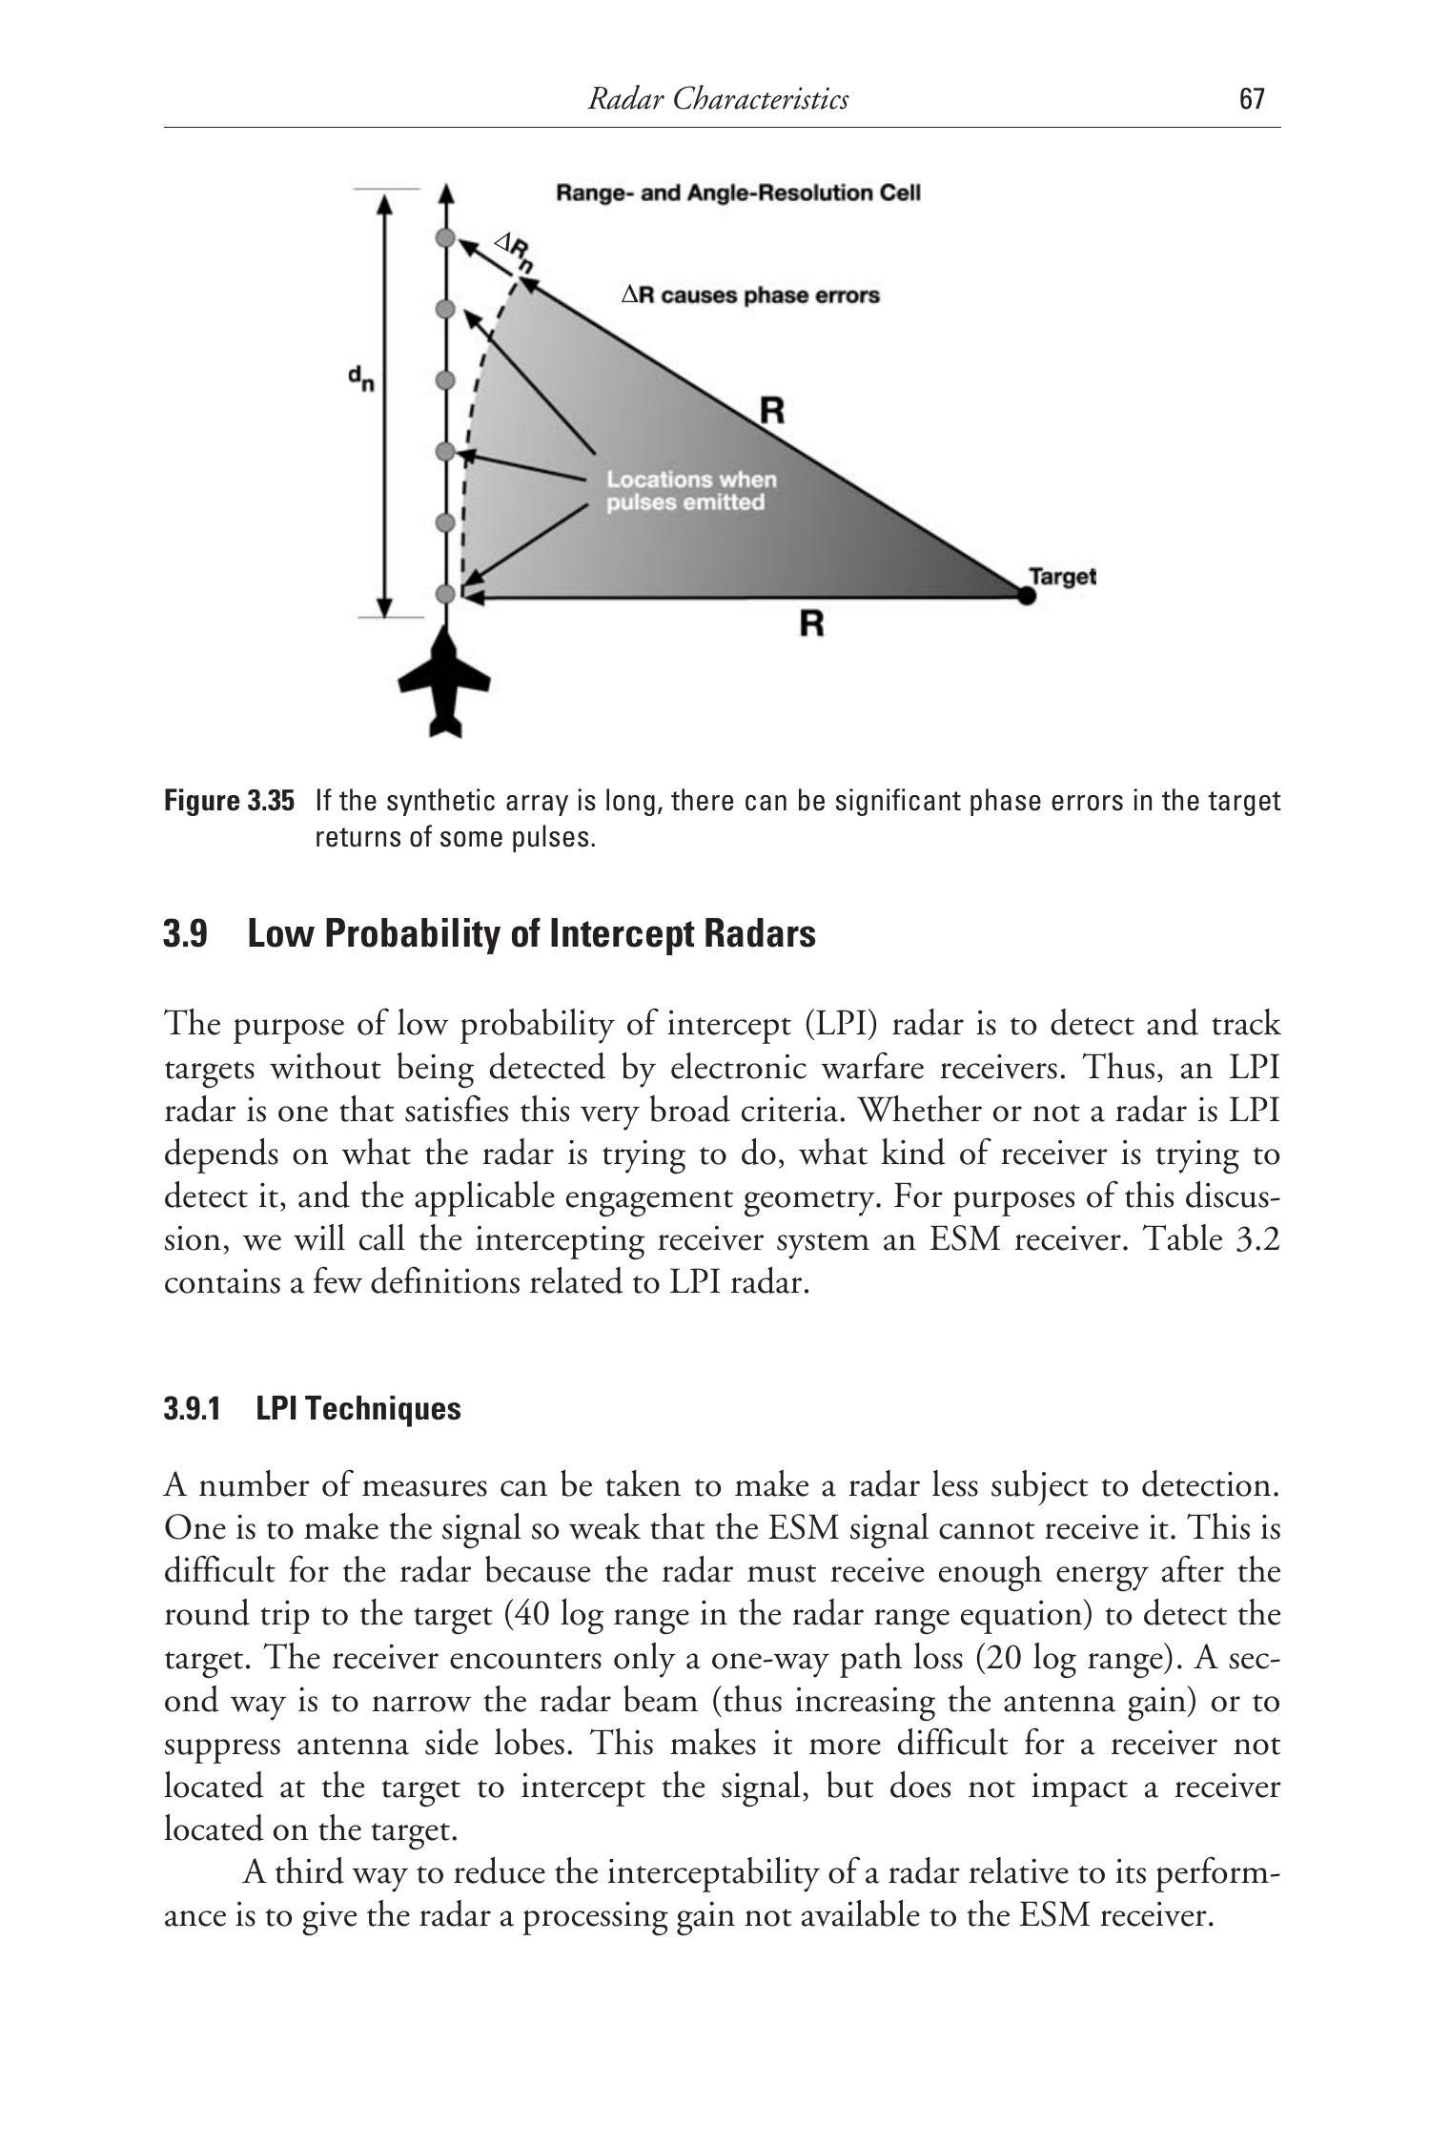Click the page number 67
pos(1252,99)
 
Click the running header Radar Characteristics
pos(718,99)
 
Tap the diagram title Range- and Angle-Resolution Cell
pos(738,194)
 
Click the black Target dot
pos(1026,596)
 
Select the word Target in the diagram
pos(1063,576)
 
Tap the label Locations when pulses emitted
pos(692,490)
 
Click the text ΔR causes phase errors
pos(750,296)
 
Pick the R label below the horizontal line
pos(811,624)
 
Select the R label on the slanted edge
pos(772,412)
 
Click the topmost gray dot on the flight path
pos(443,237)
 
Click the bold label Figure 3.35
pos(229,801)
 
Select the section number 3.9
pos(186,934)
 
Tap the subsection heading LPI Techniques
pos(358,1409)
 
